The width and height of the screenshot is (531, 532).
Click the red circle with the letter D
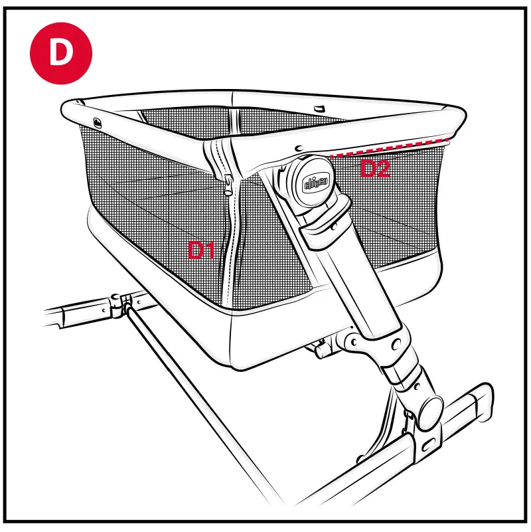tap(60, 53)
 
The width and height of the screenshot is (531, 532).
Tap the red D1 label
tap(202, 250)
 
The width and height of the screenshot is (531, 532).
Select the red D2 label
tap(374, 169)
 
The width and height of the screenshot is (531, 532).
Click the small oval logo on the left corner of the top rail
tap(98, 122)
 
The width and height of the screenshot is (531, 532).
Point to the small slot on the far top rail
tap(319, 108)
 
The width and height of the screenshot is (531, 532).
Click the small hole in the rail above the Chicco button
tap(300, 148)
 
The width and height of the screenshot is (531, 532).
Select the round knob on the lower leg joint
tap(430, 406)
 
